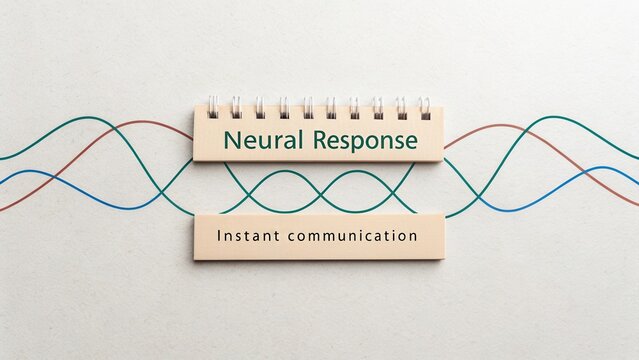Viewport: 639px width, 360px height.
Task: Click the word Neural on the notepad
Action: tap(263, 140)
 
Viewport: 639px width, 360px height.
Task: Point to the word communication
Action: tap(351, 237)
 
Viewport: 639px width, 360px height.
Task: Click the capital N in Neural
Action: tap(232, 140)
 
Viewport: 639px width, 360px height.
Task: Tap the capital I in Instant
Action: tap(218, 237)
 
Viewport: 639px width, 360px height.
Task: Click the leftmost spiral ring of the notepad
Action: tap(213, 106)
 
